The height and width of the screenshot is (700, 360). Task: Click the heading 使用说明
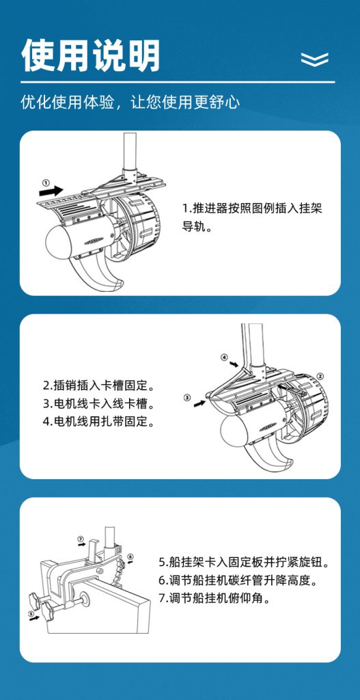click(91, 55)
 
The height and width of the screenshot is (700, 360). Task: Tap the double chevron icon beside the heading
click(314, 59)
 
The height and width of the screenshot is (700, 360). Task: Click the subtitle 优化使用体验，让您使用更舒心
click(130, 103)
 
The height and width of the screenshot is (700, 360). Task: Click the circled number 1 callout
click(45, 182)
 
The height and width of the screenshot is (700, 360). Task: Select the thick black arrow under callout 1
click(51, 191)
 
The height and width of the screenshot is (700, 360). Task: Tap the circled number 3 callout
click(187, 397)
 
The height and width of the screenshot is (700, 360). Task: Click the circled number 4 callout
click(224, 358)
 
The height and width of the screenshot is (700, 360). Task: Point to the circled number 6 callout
click(130, 556)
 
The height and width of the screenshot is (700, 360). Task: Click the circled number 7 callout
click(81, 539)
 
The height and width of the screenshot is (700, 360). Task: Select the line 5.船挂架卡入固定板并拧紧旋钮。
click(245, 562)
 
